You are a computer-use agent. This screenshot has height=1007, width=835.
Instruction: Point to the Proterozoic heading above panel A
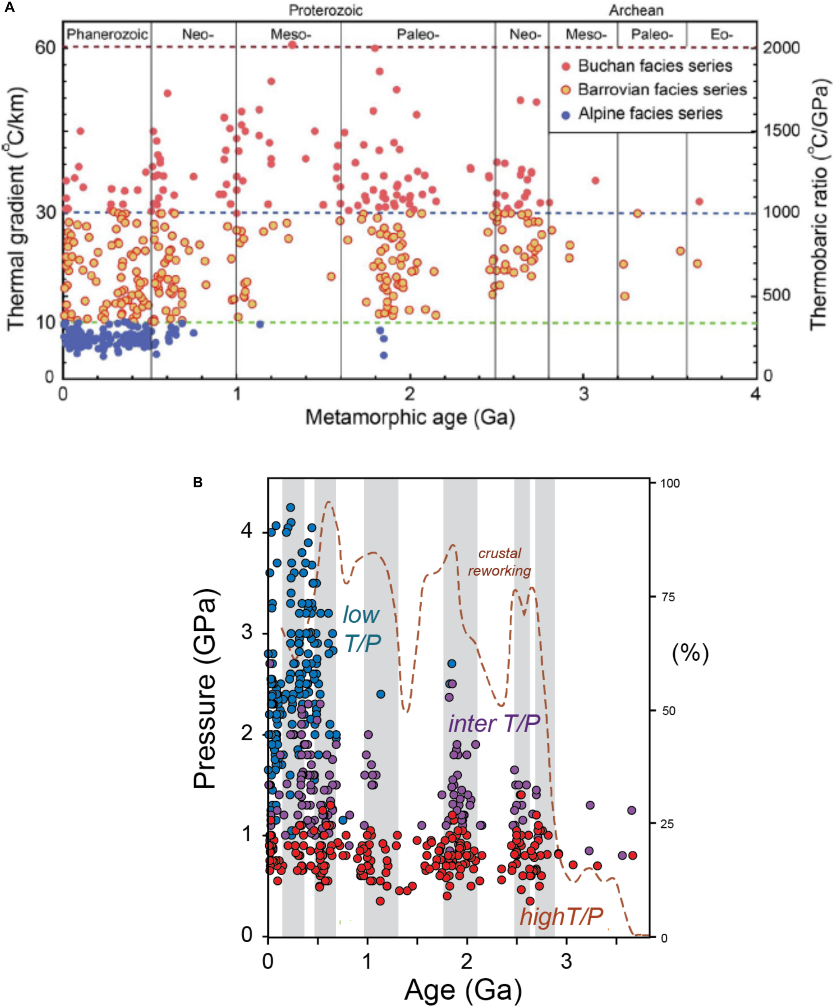pos(325,10)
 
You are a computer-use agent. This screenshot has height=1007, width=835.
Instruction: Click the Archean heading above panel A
pos(636,10)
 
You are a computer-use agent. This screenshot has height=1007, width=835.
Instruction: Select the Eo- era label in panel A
pos(721,35)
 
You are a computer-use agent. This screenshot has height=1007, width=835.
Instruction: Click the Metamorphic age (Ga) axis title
pos(410,418)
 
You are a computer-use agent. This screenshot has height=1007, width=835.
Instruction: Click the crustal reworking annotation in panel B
pos(499,562)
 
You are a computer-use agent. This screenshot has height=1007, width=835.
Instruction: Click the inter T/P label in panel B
pos(494,723)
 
